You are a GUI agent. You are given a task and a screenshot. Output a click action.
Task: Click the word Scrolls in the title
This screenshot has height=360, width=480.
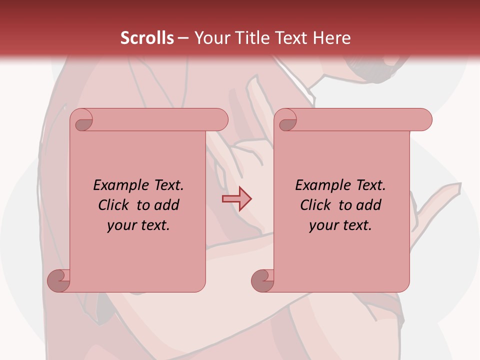[x=147, y=38]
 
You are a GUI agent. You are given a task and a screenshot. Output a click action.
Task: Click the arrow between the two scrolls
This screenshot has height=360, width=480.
[x=236, y=199]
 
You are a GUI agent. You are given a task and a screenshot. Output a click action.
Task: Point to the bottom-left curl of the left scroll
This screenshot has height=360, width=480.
[x=58, y=280]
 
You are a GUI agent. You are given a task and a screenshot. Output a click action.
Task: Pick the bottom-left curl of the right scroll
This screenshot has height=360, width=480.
[x=262, y=280]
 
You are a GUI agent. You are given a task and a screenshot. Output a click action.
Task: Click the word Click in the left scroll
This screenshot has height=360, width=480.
[x=114, y=205]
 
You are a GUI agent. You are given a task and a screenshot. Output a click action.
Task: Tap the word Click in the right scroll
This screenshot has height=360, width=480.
[x=316, y=205]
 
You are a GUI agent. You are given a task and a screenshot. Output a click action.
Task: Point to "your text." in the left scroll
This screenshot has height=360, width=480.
[x=138, y=225]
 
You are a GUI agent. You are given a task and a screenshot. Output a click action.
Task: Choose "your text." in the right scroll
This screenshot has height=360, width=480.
[x=340, y=225]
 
